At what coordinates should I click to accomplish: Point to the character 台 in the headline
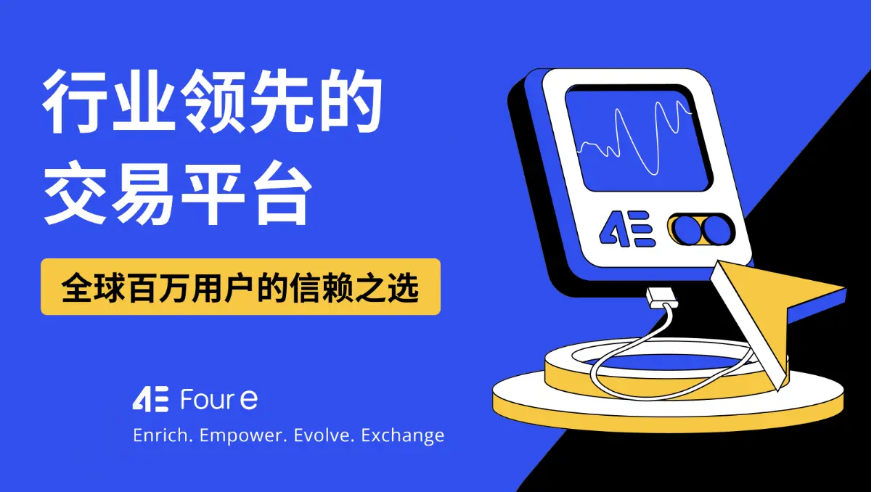279,189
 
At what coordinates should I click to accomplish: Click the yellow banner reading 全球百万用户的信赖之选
240,287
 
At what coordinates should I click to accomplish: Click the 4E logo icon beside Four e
150,399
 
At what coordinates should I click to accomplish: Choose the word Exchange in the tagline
403,436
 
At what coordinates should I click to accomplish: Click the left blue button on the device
686,230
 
